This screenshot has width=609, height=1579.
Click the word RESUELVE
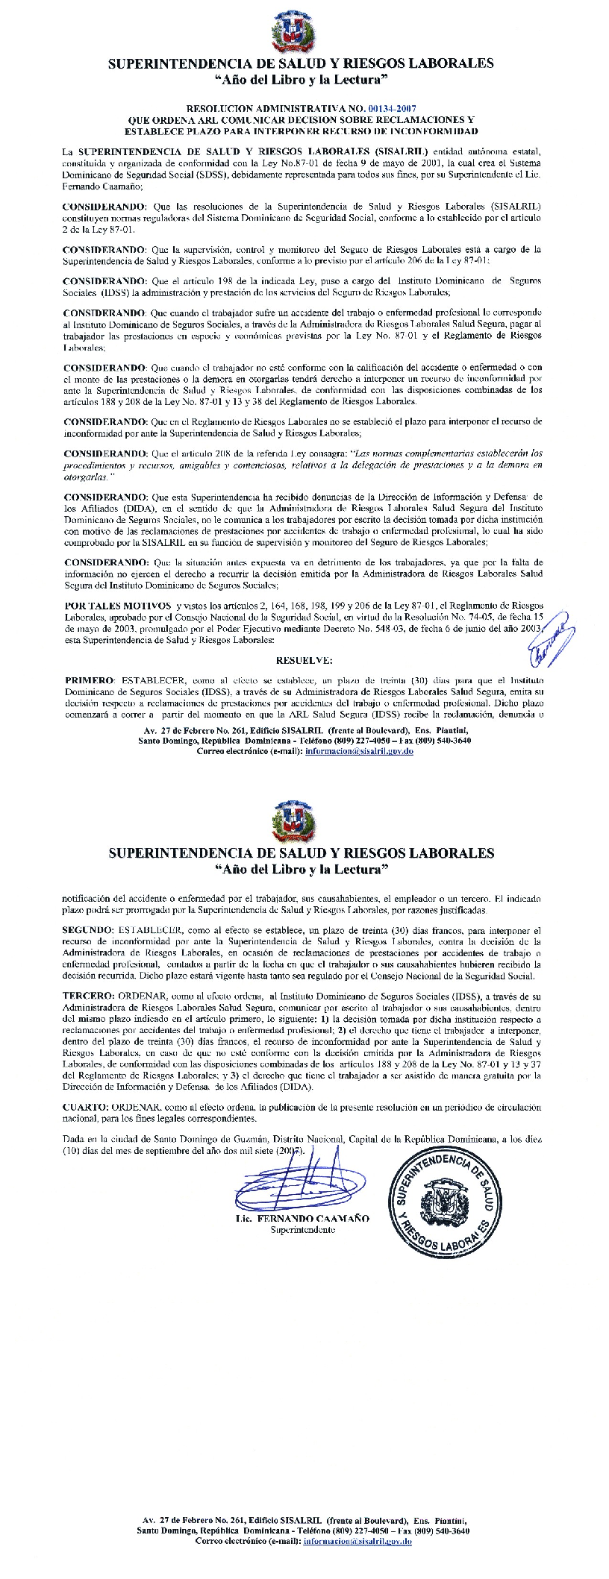click(304, 660)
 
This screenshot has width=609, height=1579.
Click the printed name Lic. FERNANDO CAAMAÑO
click(302, 1218)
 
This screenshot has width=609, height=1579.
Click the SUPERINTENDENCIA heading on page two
click(301, 851)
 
